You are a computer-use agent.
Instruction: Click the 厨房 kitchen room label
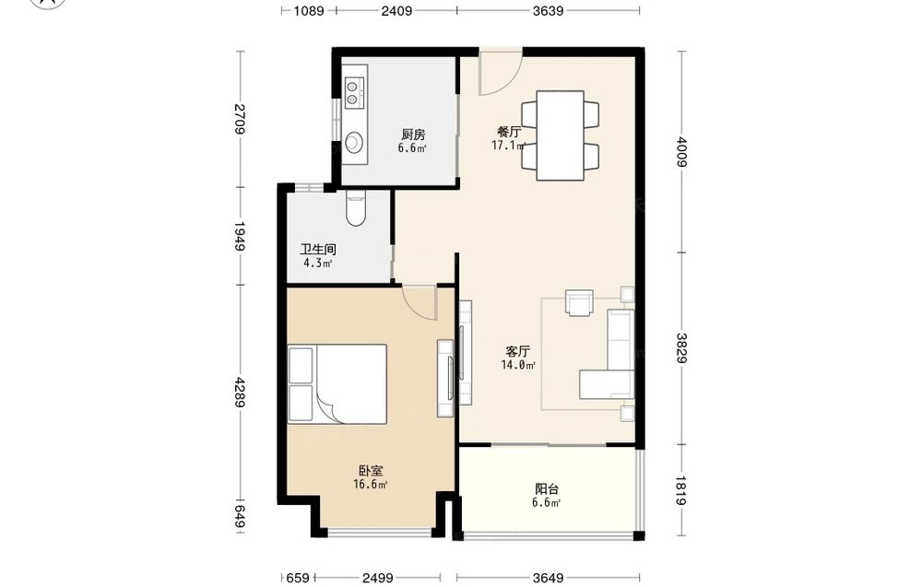pos(413,135)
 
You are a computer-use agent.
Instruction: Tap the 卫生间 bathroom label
pos(317,250)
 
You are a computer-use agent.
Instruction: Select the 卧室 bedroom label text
pos(371,471)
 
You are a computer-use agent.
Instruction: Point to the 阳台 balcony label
pos(547,489)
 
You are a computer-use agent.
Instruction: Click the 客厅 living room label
pos(518,351)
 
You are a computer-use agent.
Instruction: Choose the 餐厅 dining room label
pos(509,132)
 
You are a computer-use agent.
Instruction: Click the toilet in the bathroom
pos(356,208)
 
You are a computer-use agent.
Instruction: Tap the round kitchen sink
pos(353,142)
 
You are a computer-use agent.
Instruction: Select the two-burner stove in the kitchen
pos(353,94)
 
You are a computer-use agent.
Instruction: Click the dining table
pos(561,135)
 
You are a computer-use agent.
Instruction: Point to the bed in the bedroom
pos(337,383)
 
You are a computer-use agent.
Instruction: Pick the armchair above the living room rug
pos(579,302)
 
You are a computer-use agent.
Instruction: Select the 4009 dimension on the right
pos(681,152)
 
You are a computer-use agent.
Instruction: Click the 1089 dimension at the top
pos(309,10)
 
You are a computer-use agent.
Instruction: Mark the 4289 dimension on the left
pos(240,393)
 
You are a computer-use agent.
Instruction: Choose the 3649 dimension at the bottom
pos(548,578)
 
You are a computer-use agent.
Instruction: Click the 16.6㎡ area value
pos(371,484)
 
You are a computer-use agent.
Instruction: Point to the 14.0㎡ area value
pos(518,365)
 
